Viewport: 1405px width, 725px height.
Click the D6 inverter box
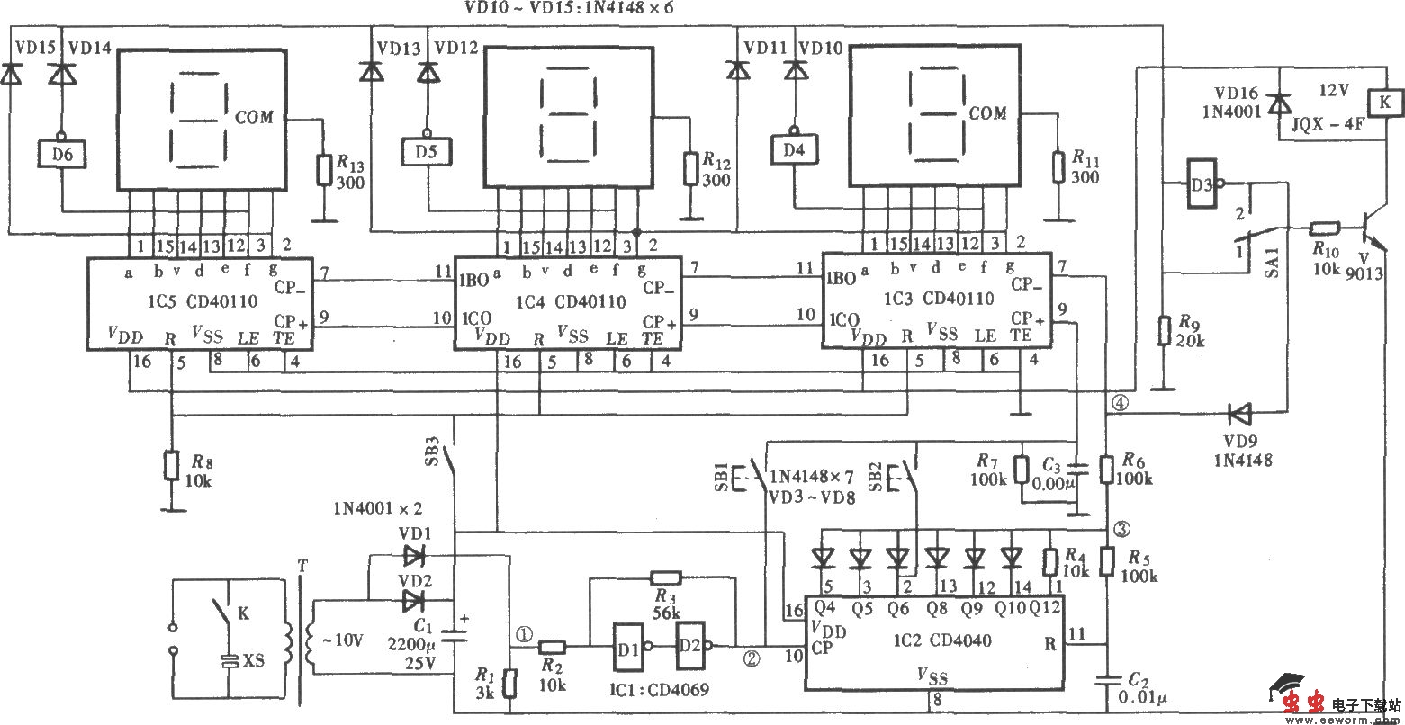tap(61, 154)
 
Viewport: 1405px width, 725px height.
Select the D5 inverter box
tap(427, 150)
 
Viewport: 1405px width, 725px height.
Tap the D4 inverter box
tap(792, 149)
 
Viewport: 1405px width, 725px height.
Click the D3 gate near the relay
tap(1197, 184)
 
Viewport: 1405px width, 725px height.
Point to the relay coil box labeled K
tap(1384, 103)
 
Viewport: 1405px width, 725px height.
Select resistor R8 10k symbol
tap(171, 466)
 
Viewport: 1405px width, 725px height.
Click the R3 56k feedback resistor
tap(665, 578)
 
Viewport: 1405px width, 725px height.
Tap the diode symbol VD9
tap(1241, 415)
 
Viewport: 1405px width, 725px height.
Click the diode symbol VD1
tap(414, 555)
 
